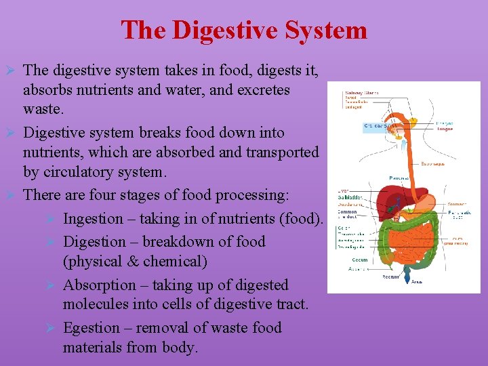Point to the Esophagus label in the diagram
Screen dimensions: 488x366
(x=451, y=163)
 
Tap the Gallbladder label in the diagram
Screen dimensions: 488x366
(x=350, y=197)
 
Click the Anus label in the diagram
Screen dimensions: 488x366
(x=417, y=281)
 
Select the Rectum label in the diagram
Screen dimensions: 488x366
(x=390, y=276)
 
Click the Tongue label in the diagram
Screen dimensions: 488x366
(x=445, y=129)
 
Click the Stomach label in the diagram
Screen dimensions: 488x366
(x=457, y=204)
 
